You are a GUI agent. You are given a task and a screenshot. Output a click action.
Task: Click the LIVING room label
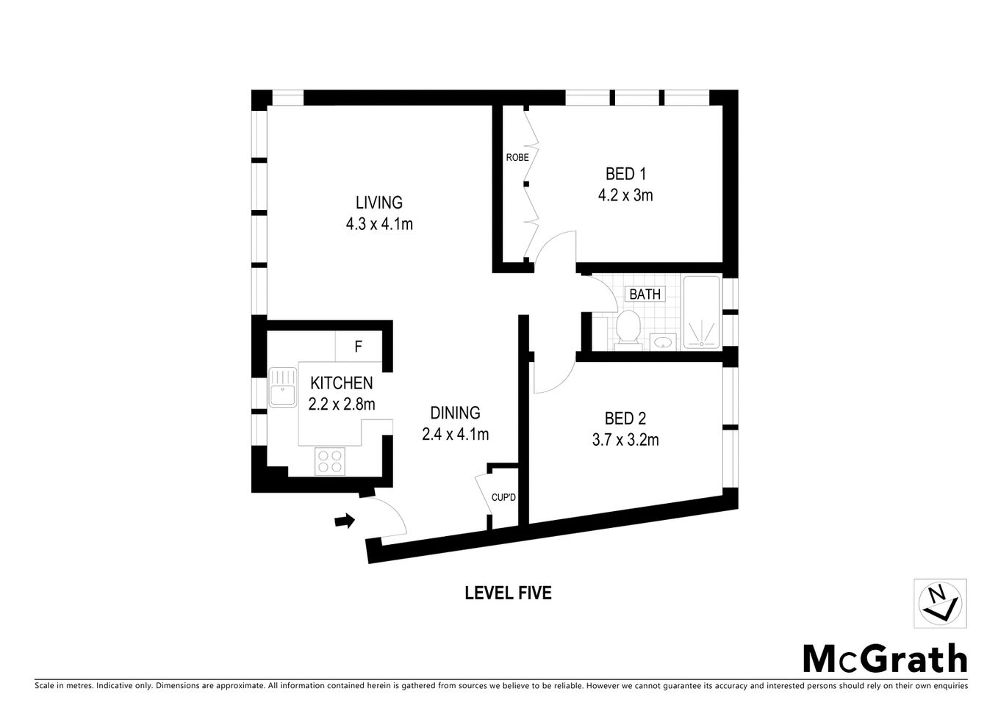379,203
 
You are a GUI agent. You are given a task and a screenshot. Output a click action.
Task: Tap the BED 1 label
625,175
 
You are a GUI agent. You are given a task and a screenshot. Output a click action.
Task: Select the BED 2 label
625,419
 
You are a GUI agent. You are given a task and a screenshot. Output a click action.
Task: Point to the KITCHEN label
341,383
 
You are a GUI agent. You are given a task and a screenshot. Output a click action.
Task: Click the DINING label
455,413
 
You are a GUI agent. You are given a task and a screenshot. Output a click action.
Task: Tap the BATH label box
645,294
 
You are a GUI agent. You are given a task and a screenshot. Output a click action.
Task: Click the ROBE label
517,157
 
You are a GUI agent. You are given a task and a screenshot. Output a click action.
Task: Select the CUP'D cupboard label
503,497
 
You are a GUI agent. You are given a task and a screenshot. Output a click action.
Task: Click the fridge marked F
359,347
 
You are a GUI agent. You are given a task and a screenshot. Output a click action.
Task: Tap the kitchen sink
281,387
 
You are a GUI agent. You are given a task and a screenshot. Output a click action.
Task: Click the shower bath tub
703,312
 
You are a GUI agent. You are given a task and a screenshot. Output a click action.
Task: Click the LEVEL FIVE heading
508,593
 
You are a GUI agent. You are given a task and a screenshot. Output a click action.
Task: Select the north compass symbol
939,602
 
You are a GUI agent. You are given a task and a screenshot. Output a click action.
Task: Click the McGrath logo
885,658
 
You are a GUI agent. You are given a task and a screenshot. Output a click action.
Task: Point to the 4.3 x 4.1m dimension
379,224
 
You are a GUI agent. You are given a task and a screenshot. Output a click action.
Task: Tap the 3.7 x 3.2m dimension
625,440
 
